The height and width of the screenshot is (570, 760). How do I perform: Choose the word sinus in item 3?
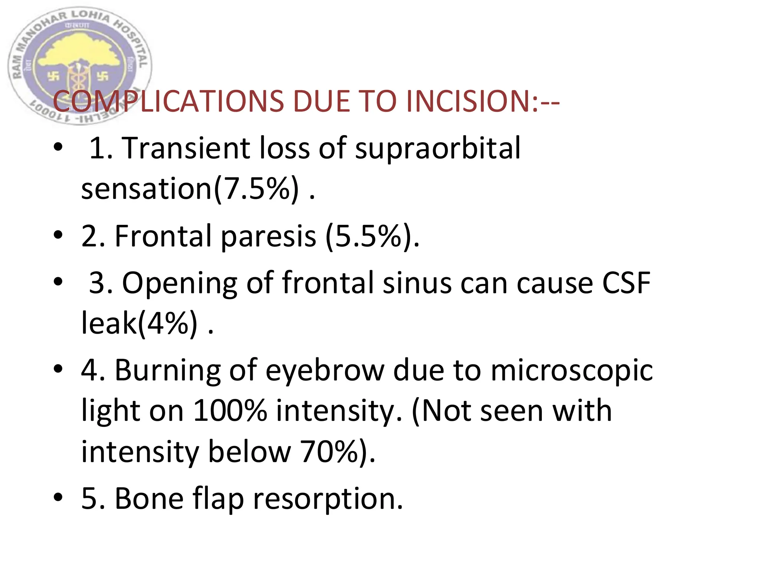417,283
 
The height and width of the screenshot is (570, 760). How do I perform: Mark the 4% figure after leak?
167,323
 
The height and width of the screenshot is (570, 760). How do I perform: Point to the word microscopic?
571,371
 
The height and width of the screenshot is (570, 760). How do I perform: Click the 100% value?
230,411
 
